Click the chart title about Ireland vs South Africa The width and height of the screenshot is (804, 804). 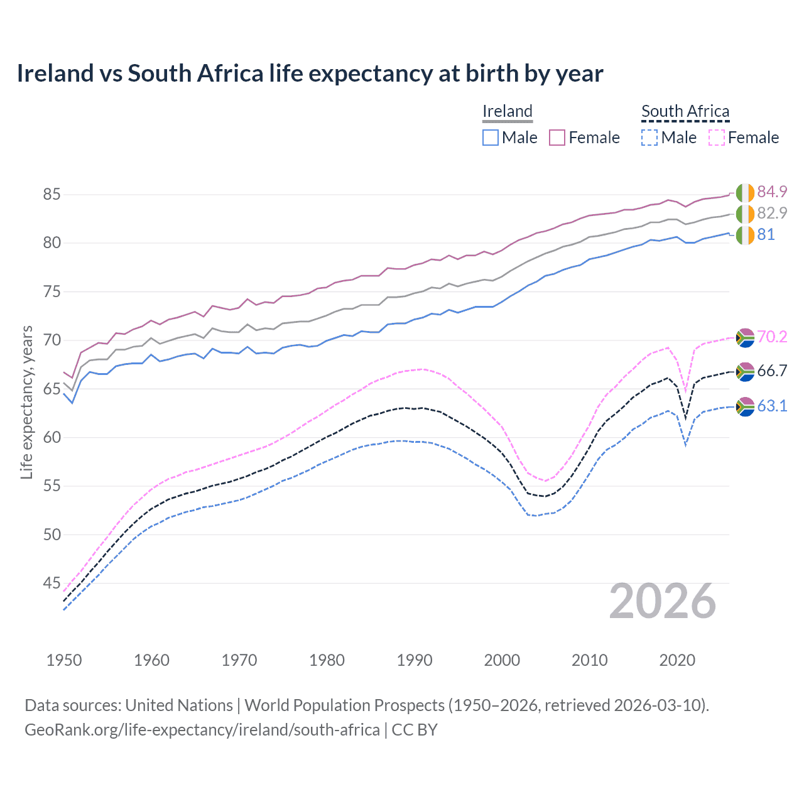pyautogui.click(x=310, y=73)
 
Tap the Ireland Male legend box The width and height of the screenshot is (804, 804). pyautogui.click(x=491, y=138)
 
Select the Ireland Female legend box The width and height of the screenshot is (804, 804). pyautogui.click(x=557, y=138)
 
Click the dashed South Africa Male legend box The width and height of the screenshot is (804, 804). pyautogui.click(x=649, y=138)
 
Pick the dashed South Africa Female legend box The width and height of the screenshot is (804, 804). pyautogui.click(x=717, y=138)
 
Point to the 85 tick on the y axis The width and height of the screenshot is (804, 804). pyautogui.click(x=52, y=195)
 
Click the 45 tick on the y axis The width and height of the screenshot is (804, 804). pyautogui.click(x=52, y=584)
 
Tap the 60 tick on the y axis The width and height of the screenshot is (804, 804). pyautogui.click(x=52, y=438)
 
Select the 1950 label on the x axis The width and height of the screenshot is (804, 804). pyautogui.click(x=64, y=660)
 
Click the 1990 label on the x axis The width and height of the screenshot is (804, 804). pyautogui.click(x=415, y=660)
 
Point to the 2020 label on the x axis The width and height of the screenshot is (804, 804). pyautogui.click(x=677, y=660)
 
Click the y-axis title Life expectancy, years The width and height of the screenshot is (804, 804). pyautogui.click(x=26, y=402)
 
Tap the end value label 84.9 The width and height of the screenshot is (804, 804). pyautogui.click(x=772, y=192)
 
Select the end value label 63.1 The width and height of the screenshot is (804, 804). pyautogui.click(x=772, y=406)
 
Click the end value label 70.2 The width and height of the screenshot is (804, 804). pyautogui.click(x=772, y=337)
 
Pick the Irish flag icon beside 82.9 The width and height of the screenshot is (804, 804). pyautogui.click(x=745, y=214)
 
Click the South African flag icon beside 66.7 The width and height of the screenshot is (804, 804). pyautogui.click(x=745, y=372)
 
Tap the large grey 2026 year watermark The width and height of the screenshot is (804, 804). pyautogui.click(x=663, y=602)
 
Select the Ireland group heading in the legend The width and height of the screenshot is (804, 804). pyautogui.click(x=508, y=111)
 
